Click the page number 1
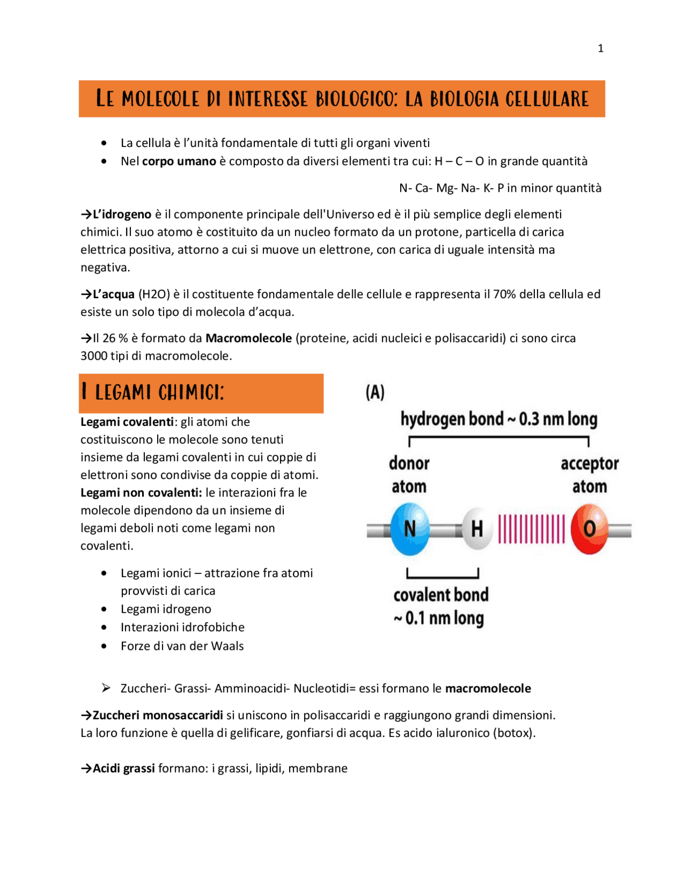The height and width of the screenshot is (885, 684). tap(601, 49)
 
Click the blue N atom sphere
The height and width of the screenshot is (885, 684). tap(409, 529)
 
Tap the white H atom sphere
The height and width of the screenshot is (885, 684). tap(477, 529)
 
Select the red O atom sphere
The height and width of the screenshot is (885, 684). tap(589, 529)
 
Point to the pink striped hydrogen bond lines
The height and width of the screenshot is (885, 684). tap(531, 529)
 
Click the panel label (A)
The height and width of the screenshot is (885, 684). tap(375, 392)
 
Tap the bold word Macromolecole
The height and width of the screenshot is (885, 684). tap(248, 338)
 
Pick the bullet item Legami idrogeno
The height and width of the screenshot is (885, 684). tap(166, 609)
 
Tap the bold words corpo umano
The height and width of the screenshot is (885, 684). tap(179, 161)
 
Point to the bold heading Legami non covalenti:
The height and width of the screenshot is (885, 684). tap(141, 493)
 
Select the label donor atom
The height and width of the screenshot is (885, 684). tap(409, 475)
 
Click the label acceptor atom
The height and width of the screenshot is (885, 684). tap(589, 475)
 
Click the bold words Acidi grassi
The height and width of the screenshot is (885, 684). tap(123, 768)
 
